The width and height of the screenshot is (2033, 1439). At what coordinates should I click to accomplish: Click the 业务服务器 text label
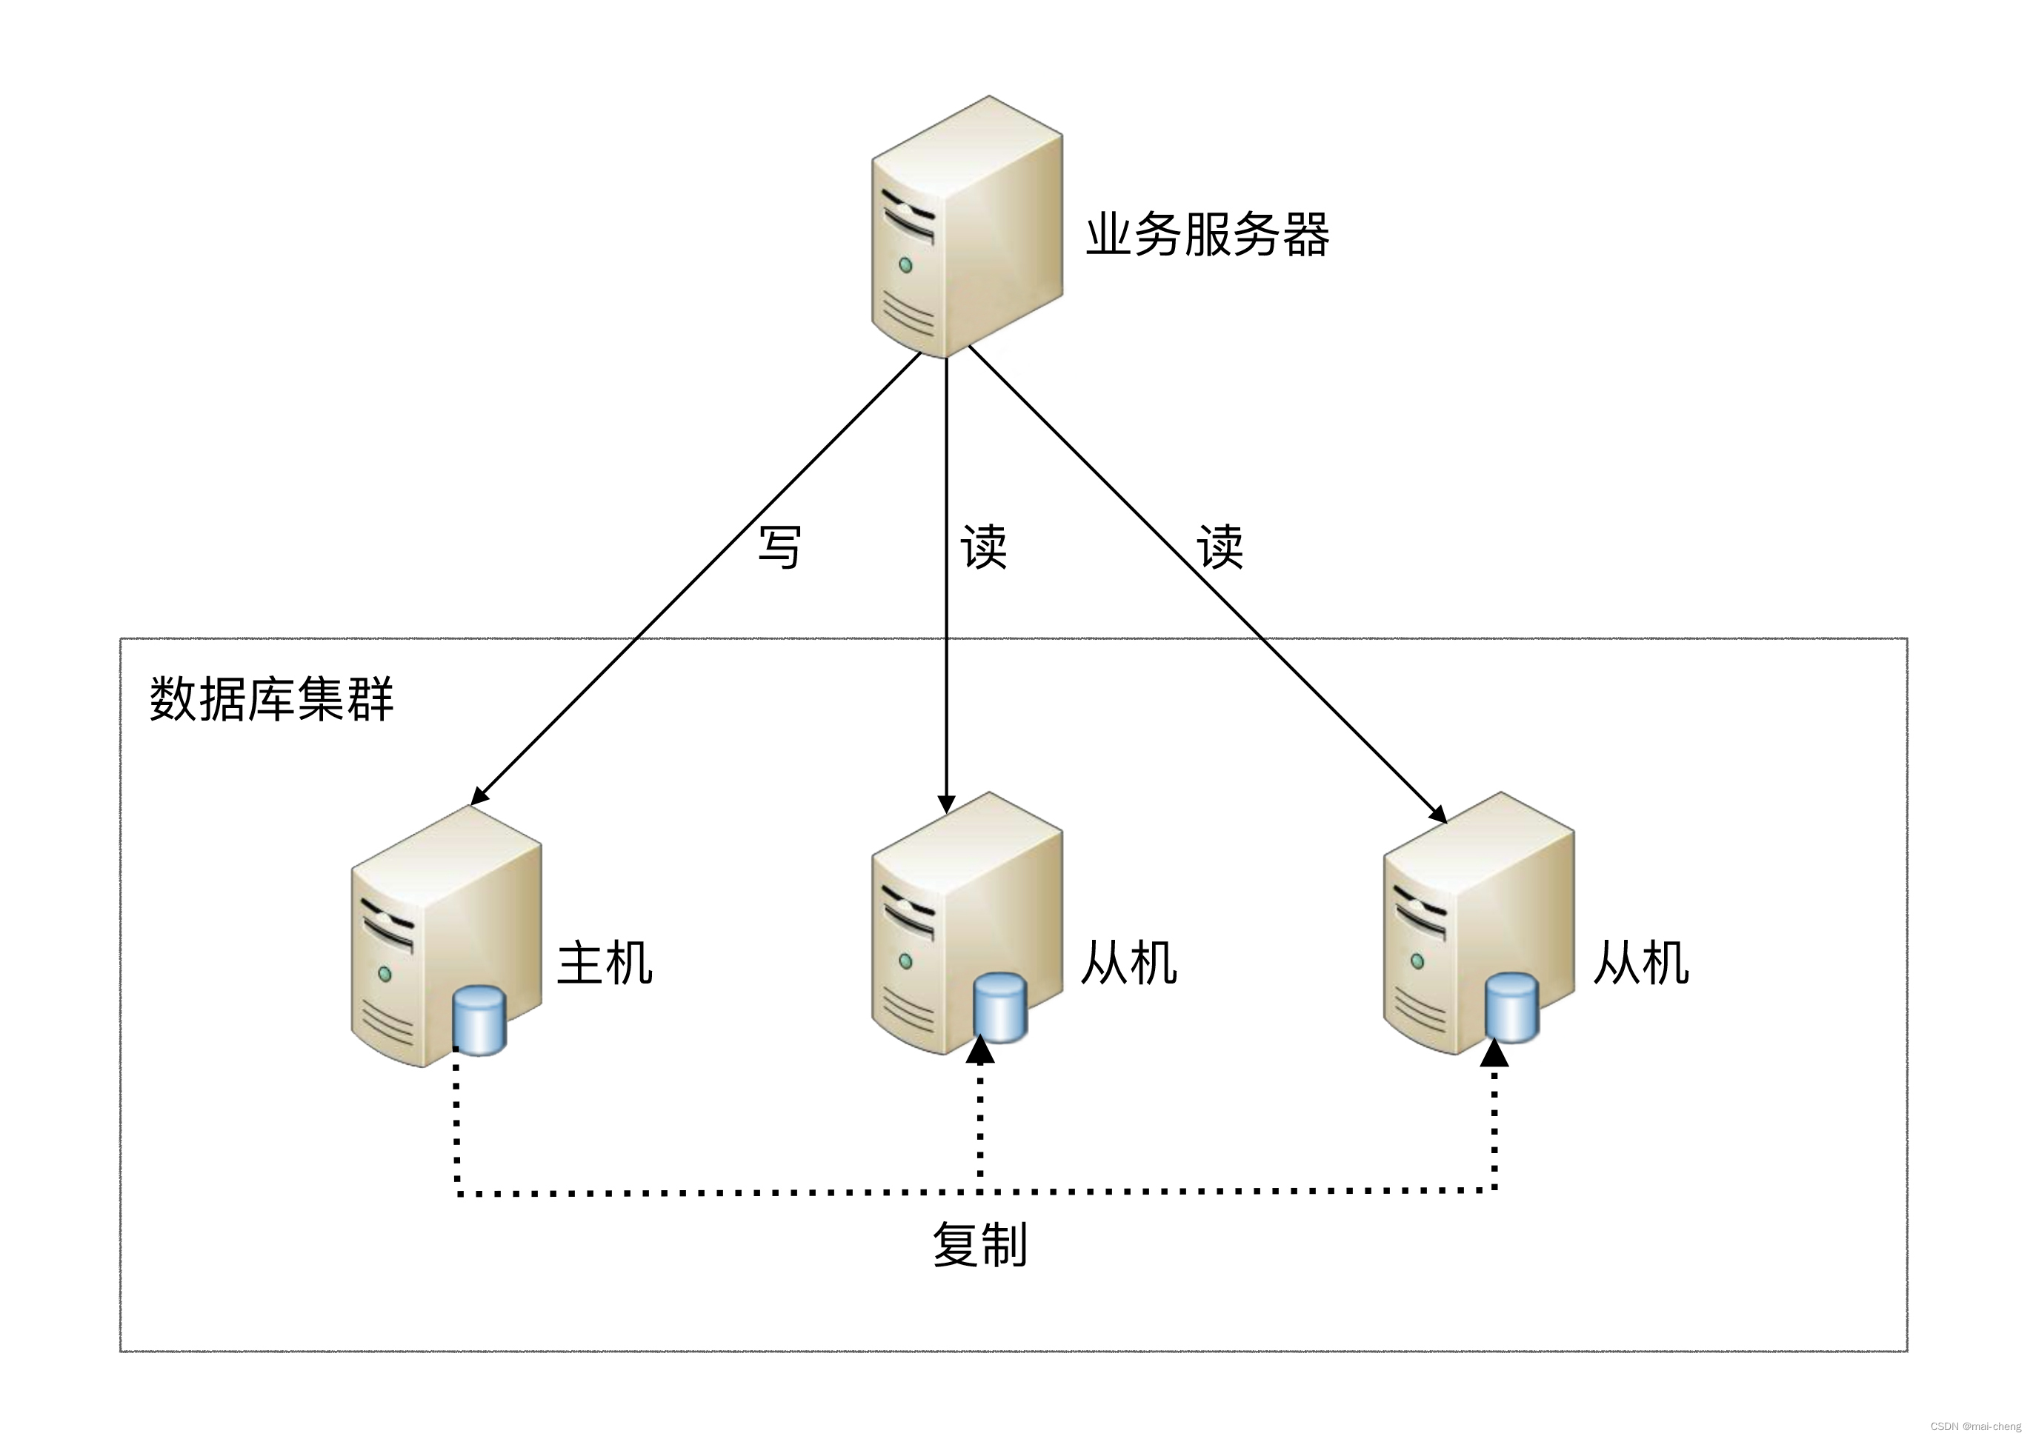coord(1207,235)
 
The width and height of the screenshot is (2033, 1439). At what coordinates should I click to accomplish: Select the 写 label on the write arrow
coord(780,546)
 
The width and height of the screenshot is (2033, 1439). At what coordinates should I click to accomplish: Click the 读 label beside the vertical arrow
coord(984,546)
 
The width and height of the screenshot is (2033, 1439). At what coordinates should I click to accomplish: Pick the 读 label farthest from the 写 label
coord(1220,546)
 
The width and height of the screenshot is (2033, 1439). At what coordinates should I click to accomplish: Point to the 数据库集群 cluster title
coord(271,699)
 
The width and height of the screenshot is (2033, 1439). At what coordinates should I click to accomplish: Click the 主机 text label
coord(605,964)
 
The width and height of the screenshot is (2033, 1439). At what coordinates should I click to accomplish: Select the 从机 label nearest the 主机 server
coord(1128,964)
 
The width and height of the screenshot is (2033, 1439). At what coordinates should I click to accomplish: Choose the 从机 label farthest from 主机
coord(1640,964)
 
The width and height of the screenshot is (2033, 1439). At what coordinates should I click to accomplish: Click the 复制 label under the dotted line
coord(979,1244)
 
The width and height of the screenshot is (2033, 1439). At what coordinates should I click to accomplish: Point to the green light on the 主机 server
coord(385,974)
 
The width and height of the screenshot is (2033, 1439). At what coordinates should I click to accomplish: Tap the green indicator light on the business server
coord(905,264)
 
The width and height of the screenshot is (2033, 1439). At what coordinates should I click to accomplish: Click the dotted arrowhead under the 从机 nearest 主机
coord(980,1051)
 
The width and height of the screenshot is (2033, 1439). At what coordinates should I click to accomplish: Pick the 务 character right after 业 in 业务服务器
coord(1158,235)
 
